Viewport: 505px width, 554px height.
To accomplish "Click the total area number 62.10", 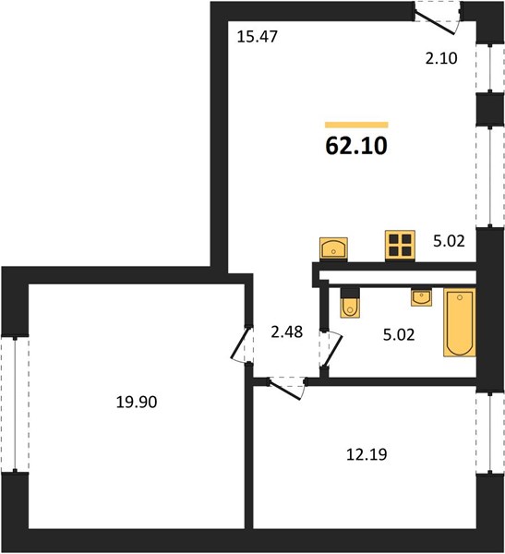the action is [356, 146].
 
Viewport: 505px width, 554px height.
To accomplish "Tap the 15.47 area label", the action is [258, 37].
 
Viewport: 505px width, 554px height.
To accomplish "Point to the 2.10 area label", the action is [441, 58].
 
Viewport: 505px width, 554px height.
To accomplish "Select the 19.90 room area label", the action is [137, 402].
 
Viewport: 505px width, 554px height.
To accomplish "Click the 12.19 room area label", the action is [367, 454].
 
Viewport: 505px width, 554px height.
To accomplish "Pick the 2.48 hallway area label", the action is [287, 332].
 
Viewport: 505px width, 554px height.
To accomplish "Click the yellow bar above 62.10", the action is [356, 125].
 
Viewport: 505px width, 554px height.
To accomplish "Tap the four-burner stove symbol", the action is [400, 246].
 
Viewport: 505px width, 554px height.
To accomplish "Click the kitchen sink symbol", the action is [333, 248].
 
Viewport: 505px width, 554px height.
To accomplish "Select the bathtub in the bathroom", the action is [460, 322].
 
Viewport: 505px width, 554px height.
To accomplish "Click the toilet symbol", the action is [350, 303].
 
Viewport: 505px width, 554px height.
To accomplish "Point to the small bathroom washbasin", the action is [421, 296].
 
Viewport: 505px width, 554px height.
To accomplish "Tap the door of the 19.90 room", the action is [241, 344].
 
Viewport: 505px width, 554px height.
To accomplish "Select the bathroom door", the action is [331, 349].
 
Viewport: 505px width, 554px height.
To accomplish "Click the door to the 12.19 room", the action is [287, 388].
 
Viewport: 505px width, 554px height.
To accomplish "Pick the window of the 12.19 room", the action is [490, 433].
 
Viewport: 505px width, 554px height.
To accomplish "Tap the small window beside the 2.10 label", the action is [490, 67].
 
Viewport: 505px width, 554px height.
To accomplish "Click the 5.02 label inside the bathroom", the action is [399, 335].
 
